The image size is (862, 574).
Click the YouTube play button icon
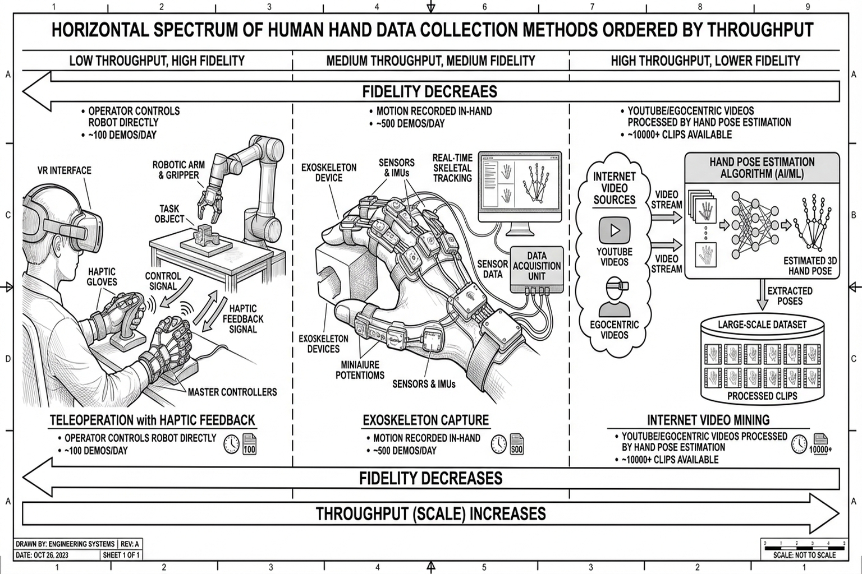[x=615, y=230]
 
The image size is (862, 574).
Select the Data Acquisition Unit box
[x=537, y=266]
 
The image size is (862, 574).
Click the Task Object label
[x=169, y=214]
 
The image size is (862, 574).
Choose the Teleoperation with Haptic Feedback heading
[x=152, y=420]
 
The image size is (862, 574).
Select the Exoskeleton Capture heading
[x=425, y=420]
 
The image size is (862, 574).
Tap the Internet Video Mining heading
[x=708, y=420]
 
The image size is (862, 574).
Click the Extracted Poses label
[x=790, y=296]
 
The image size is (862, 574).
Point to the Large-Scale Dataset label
[x=762, y=325]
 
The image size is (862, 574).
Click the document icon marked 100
[x=249, y=444]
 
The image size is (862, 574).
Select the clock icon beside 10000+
[x=799, y=444]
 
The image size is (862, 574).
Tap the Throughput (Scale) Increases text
[x=430, y=513]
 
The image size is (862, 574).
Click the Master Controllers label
[x=232, y=392]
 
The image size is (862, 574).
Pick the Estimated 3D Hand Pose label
[x=810, y=266]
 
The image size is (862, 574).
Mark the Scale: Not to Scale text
[x=804, y=555]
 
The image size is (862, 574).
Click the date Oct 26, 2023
[x=42, y=555]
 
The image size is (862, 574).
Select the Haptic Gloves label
[x=102, y=276]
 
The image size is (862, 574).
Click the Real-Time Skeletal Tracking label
[x=452, y=168]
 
